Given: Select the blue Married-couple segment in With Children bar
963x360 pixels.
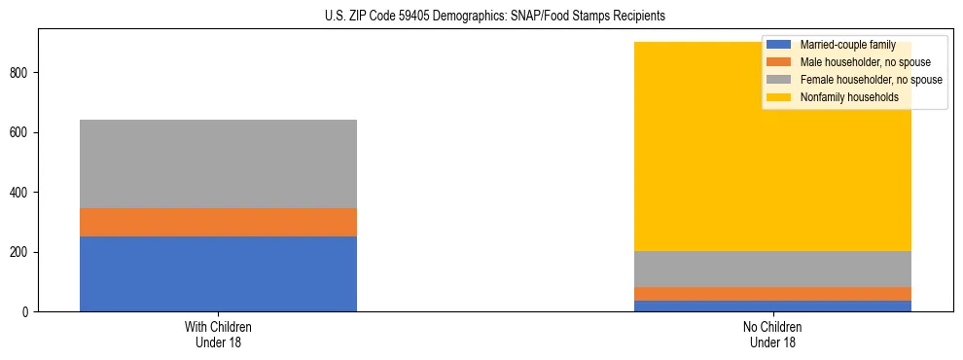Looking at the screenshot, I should coord(218,273).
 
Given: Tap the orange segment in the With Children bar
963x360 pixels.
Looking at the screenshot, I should coord(218,222).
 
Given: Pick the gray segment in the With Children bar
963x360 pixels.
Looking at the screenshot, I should coord(218,163).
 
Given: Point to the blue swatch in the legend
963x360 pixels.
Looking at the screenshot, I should coord(779,45).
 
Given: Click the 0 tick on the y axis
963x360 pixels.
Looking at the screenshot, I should coord(28,312).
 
